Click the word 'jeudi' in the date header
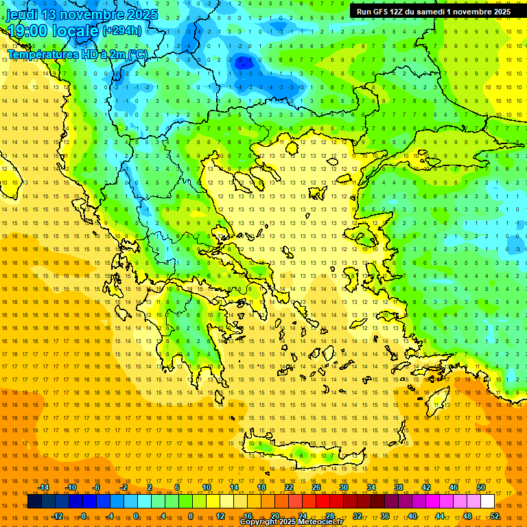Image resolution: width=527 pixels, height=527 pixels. [x=23, y=14]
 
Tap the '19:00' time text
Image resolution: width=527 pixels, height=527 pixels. [x=28, y=31]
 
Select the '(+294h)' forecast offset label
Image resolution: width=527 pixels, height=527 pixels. [x=123, y=30]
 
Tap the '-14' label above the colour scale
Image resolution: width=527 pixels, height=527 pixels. [x=43, y=487]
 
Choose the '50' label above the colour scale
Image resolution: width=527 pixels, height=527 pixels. [x=480, y=487]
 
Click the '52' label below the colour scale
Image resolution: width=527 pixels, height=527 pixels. [x=495, y=516]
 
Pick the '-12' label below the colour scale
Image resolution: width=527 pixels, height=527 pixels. [x=57, y=516]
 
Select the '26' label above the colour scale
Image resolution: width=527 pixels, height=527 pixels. [x=316, y=487]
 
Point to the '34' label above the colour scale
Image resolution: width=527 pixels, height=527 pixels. [x=371, y=487]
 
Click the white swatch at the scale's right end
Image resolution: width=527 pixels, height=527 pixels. [x=487, y=502]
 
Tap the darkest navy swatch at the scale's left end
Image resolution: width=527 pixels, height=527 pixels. [x=35, y=502]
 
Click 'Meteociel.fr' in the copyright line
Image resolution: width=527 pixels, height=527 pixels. [x=322, y=522]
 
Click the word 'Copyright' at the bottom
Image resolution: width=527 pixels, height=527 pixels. [x=260, y=522]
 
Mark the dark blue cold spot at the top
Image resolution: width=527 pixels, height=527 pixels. [x=242, y=62]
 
